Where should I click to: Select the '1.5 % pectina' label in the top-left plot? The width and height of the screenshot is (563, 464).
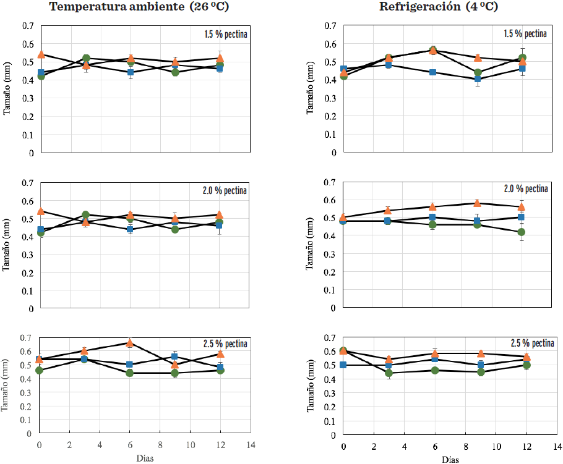[x=226, y=35]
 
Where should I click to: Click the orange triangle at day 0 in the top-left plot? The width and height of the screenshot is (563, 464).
[x=41, y=54]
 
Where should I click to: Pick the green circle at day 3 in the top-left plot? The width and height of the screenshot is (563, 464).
[x=86, y=59]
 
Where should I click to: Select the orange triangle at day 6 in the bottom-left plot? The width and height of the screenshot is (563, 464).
[x=130, y=342]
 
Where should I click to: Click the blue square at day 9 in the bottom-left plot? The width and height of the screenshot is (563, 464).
[x=175, y=356]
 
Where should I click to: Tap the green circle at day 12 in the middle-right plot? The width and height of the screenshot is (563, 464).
[x=521, y=232]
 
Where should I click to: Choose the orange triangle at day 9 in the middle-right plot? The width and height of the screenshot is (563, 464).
[x=477, y=203]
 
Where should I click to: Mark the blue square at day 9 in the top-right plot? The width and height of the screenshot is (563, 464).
[x=478, y=79]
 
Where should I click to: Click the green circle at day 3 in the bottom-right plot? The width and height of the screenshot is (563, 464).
[x=389, y=373]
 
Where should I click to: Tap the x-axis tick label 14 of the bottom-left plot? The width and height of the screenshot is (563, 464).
[x=251, y=445]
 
